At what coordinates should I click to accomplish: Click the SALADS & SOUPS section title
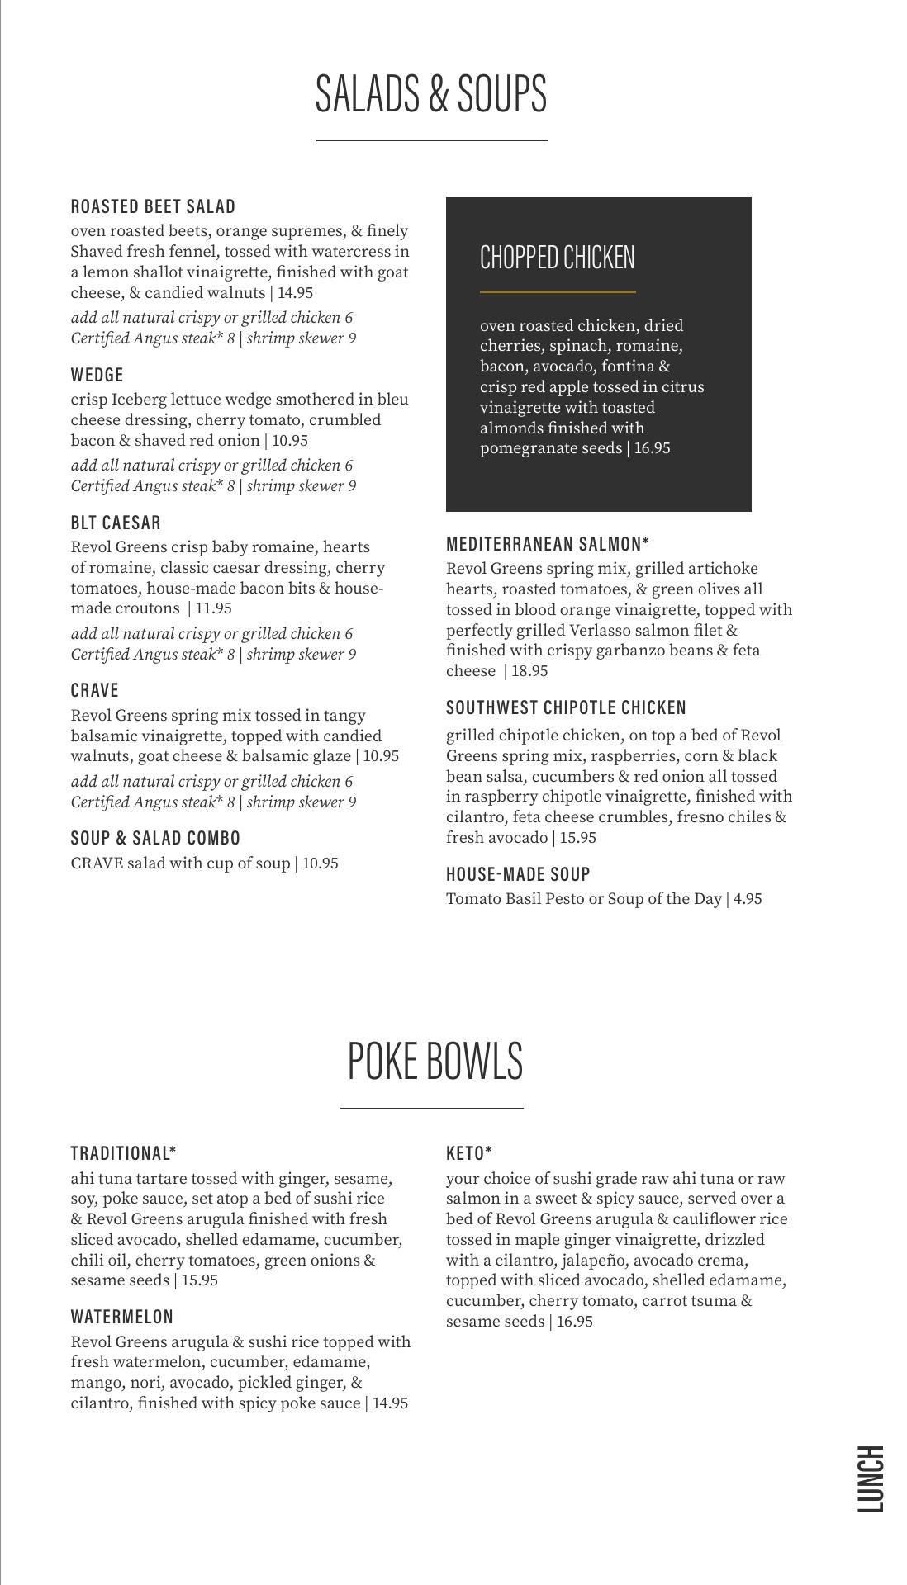[431, 93]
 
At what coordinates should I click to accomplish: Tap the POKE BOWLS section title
[435, 1061]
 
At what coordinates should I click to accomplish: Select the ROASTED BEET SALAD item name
[153, 206]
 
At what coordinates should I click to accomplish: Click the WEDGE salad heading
[97, 375]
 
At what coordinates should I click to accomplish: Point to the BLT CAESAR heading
[116, 523]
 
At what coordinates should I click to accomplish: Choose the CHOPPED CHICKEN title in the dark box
[558, 258]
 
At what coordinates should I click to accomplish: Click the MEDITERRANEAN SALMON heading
[547, 544]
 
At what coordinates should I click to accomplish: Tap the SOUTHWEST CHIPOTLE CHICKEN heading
[566, 707]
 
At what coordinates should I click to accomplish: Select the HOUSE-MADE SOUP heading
[518, 874]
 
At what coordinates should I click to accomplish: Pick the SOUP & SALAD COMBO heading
[155, 839]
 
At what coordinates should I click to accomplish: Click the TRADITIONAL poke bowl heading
[123, 1153]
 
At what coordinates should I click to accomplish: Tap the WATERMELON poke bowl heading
[122, 1317]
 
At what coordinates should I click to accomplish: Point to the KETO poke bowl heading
[468, 1153]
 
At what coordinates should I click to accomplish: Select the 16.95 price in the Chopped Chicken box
[652, 448]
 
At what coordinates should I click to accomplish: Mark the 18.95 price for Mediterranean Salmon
[529, 671]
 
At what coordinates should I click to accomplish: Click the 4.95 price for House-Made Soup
[747, 899]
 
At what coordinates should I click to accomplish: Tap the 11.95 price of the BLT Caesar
[213, 608]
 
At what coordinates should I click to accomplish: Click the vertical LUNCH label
[871, 1479]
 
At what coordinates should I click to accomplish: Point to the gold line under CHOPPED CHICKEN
[558, 291]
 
